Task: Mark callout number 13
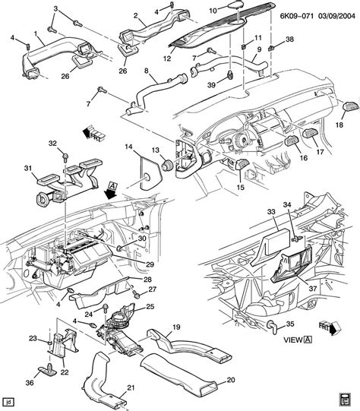click(155, 150)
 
